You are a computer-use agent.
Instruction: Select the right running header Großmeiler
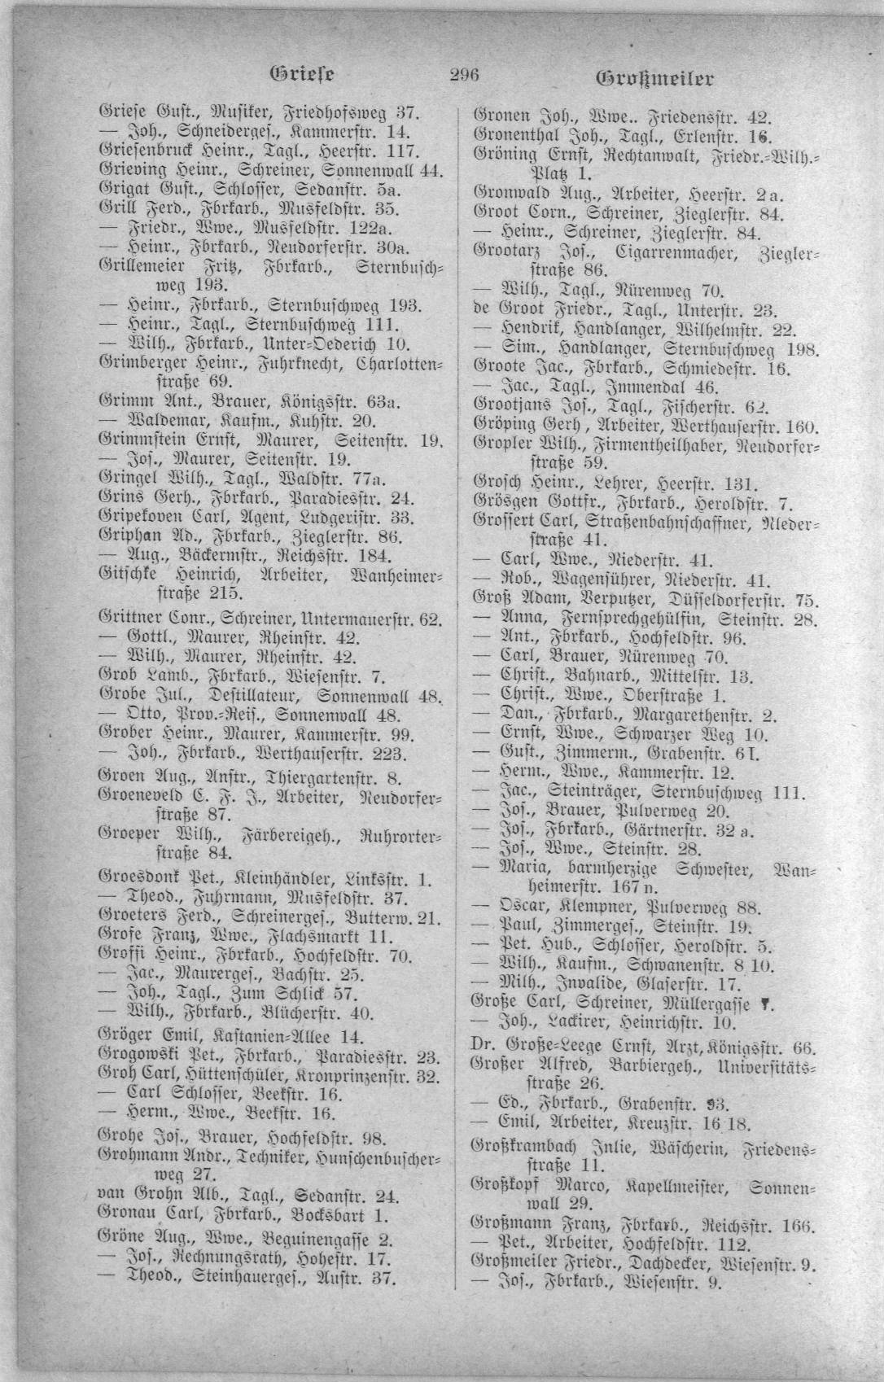[656, 80]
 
